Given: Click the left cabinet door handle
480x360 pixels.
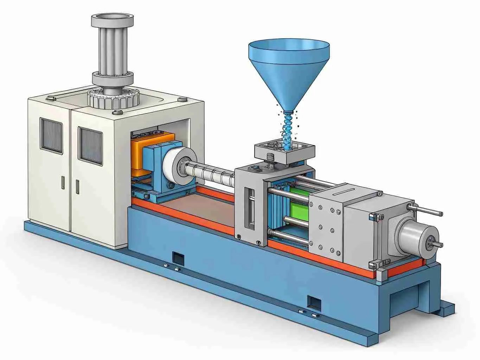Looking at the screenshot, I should (x=63, y=182).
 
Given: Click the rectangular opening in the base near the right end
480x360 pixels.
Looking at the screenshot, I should (x=314, y=302).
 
